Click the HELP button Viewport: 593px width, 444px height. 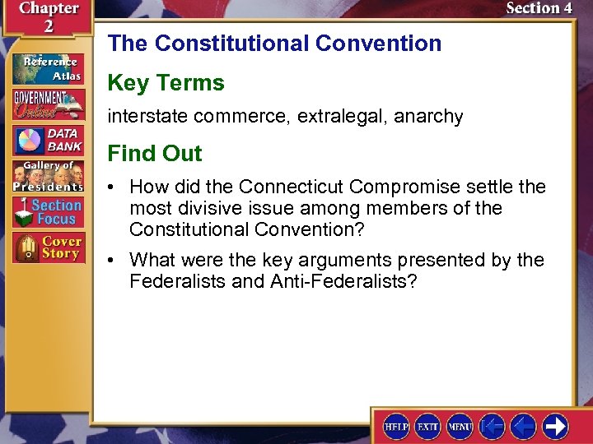397,427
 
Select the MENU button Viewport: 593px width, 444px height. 460,427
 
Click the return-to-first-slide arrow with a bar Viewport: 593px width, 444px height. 492,427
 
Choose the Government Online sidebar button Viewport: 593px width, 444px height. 48,105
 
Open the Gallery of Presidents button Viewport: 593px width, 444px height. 48,176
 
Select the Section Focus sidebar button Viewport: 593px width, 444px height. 48,212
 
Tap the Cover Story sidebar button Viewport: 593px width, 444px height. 48,248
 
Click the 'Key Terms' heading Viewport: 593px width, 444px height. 166,83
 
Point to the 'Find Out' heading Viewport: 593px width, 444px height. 155,154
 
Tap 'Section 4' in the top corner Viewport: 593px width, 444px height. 539,9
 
